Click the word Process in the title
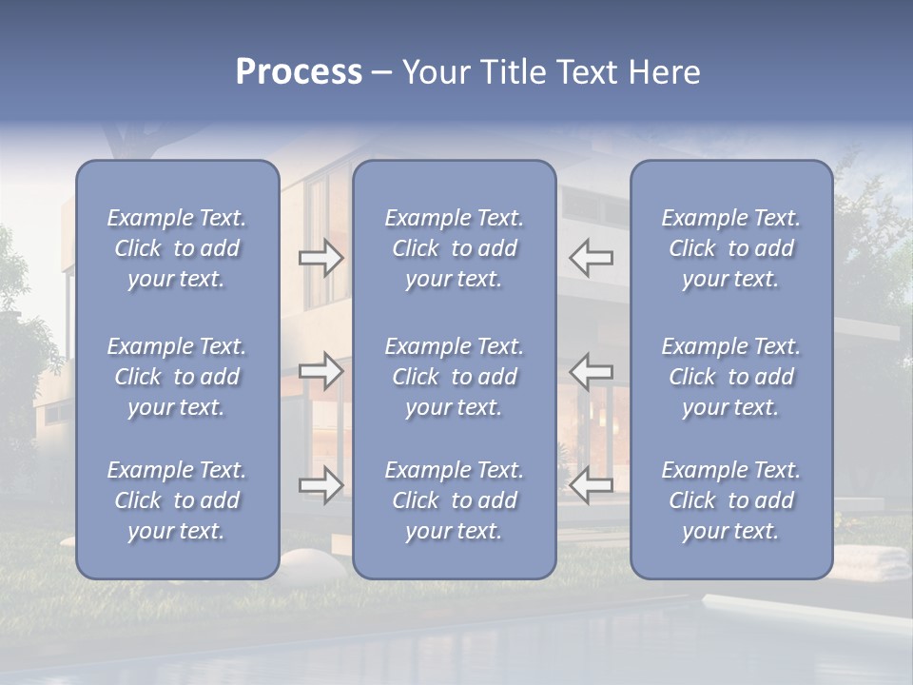299,72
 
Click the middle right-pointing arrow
321,371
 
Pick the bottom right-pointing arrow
321,485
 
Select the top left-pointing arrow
592,256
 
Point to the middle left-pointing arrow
592,371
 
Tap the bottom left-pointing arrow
592,485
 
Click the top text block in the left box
177,248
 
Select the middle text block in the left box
177,377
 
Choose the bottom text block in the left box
177,500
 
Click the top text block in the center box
455,248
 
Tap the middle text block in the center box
455,377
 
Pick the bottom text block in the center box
455,500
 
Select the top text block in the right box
731,248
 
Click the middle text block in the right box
731,377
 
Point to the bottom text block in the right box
731,500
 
